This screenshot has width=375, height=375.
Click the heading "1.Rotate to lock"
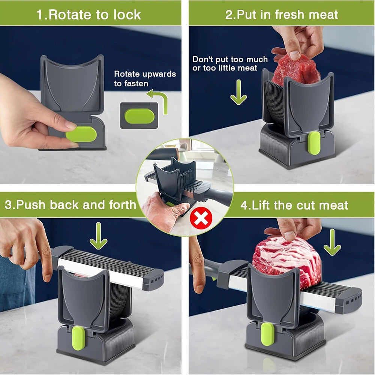pyautogui.click(x=88, y=15)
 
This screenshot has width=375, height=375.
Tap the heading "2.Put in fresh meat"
pyautogui.click(x=282, y=15)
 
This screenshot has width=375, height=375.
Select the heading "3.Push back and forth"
pyautogui.click(x=70, y=205)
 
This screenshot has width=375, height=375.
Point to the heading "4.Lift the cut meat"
pyautogui.click(x=294, y=205)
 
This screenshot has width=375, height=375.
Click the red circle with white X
pyautogui.click(x=201, y=218)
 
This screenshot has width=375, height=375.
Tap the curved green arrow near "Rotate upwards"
pyautogui.click(x=159, y=100)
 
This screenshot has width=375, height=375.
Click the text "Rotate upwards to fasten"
pyautogui.click(x=145, y=79)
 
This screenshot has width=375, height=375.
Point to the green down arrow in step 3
pyautogui.click(x=98, y=236)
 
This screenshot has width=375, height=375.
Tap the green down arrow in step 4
pyautogui.click(x=332, y=242)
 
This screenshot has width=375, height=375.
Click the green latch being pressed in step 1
pyautogui.click(x=81, y=134)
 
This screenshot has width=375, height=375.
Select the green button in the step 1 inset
pyautogui.click(x=139, y=116)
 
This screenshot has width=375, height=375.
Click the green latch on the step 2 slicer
pyautogui.click(x=314, y=143)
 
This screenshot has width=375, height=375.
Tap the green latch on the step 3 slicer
pyautogui.click(x=78, y=338)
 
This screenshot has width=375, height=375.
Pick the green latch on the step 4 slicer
pyautogui.click(x=267, y=334)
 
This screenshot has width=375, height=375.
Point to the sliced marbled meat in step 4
pyautogui.click(x=287, y=261)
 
